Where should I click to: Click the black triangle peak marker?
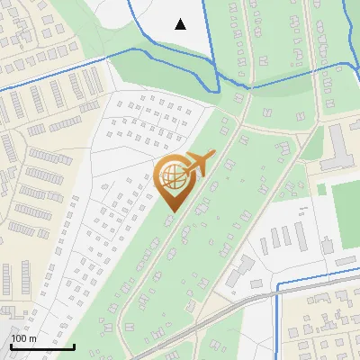click(180, 24)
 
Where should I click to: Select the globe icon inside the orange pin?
click(173, 179)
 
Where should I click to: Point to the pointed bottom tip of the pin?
click(173, 212)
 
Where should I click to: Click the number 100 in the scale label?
click(19, 338)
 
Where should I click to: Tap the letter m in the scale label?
click(32, 338)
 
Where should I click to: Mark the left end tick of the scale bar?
click(11, 346)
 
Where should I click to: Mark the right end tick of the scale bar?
click(74, 346)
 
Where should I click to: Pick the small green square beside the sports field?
click(320, 189)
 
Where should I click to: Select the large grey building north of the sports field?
click(339, 144)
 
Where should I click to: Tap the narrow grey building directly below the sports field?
click(346, 261)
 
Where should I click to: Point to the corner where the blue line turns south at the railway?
click(278, 286)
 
